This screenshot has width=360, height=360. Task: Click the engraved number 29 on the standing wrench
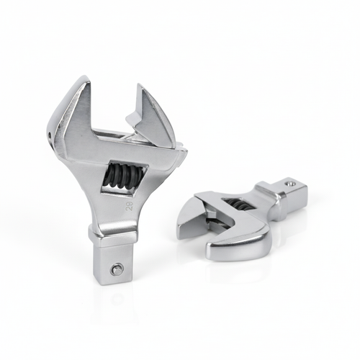(130, 206)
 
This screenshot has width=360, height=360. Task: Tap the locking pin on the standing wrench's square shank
(117, 270)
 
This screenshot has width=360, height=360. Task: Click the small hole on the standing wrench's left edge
(50, 135)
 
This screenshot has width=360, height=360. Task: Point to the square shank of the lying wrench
(288, 191)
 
